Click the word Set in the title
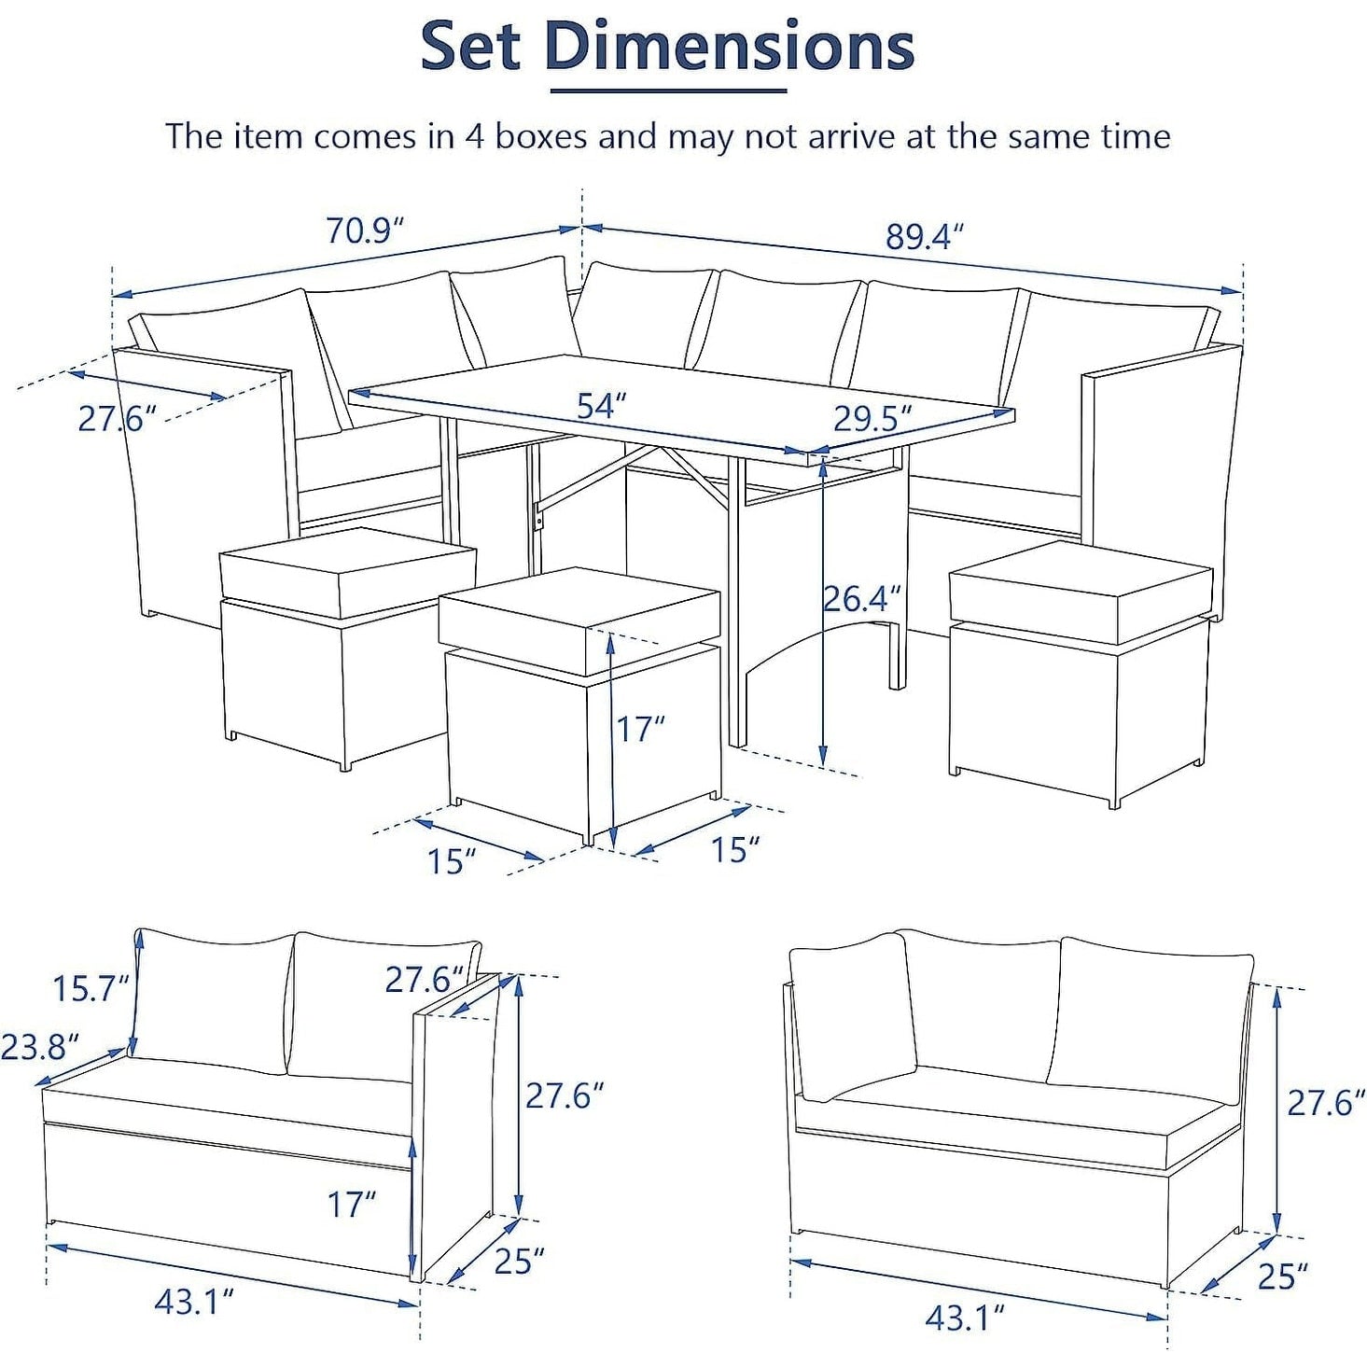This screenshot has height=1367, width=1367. pyautogui.click(x=472, y=46)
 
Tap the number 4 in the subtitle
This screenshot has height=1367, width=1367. pyautogui.click(x=474, y=136)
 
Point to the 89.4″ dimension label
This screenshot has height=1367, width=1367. pyautogui.click(x=926, y=236)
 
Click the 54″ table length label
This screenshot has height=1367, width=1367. pyautogui.click(x=602, y=406)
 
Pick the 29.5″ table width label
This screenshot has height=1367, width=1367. pyautogui.click(x=872, y=419)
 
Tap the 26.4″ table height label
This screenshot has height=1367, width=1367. pyautogui.click(x=862, y=599)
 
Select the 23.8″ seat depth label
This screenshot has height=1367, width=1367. pyautogui.click(x=39, y=1046)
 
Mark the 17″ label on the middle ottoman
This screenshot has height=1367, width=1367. pyautogui.click(x=641, y=729)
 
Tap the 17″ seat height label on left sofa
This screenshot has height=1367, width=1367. pyautogui.click(x=351, y=1204)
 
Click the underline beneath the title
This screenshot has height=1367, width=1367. pyautogui.click(x=669, y=91)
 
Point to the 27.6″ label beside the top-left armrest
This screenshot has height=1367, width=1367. pyautogui.click(x=117, y=419)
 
